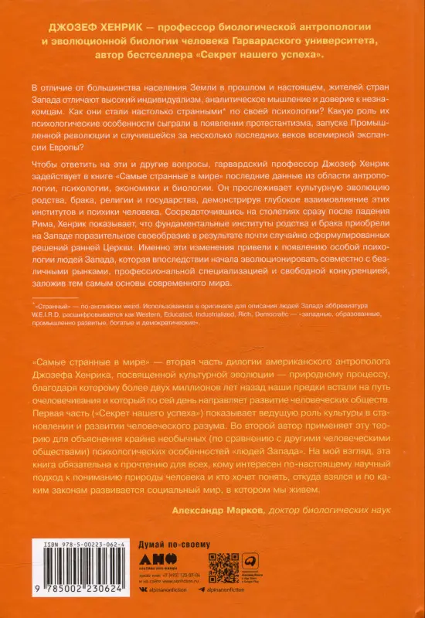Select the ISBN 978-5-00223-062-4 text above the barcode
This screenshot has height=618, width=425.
(x=71, y=545)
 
